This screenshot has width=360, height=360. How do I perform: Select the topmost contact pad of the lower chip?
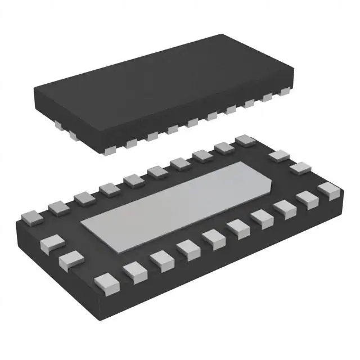click(245, 141)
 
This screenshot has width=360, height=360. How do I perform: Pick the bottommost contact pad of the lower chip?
click(105, 281)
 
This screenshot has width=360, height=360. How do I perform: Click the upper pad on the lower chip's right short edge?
click(278, 156)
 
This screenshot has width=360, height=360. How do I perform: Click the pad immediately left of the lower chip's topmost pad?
click(224, 148)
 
